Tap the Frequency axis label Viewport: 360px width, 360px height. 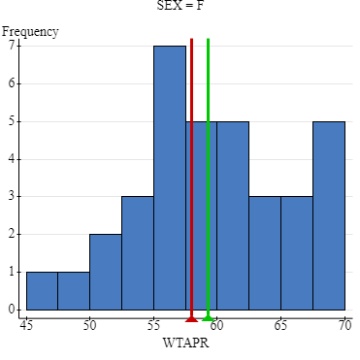coord(30,31)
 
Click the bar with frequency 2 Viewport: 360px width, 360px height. coord(105,273)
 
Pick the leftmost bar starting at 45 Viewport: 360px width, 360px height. coord(42,291)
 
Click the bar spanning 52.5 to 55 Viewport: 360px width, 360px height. coord(137,253)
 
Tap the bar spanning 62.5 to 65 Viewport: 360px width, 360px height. coord(265,253)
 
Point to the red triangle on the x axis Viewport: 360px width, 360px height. coord(191,317)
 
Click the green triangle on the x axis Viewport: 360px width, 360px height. coord(208,317)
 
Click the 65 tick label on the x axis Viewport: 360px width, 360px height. coord(280,327)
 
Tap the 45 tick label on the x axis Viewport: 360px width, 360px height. coord(26,327)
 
